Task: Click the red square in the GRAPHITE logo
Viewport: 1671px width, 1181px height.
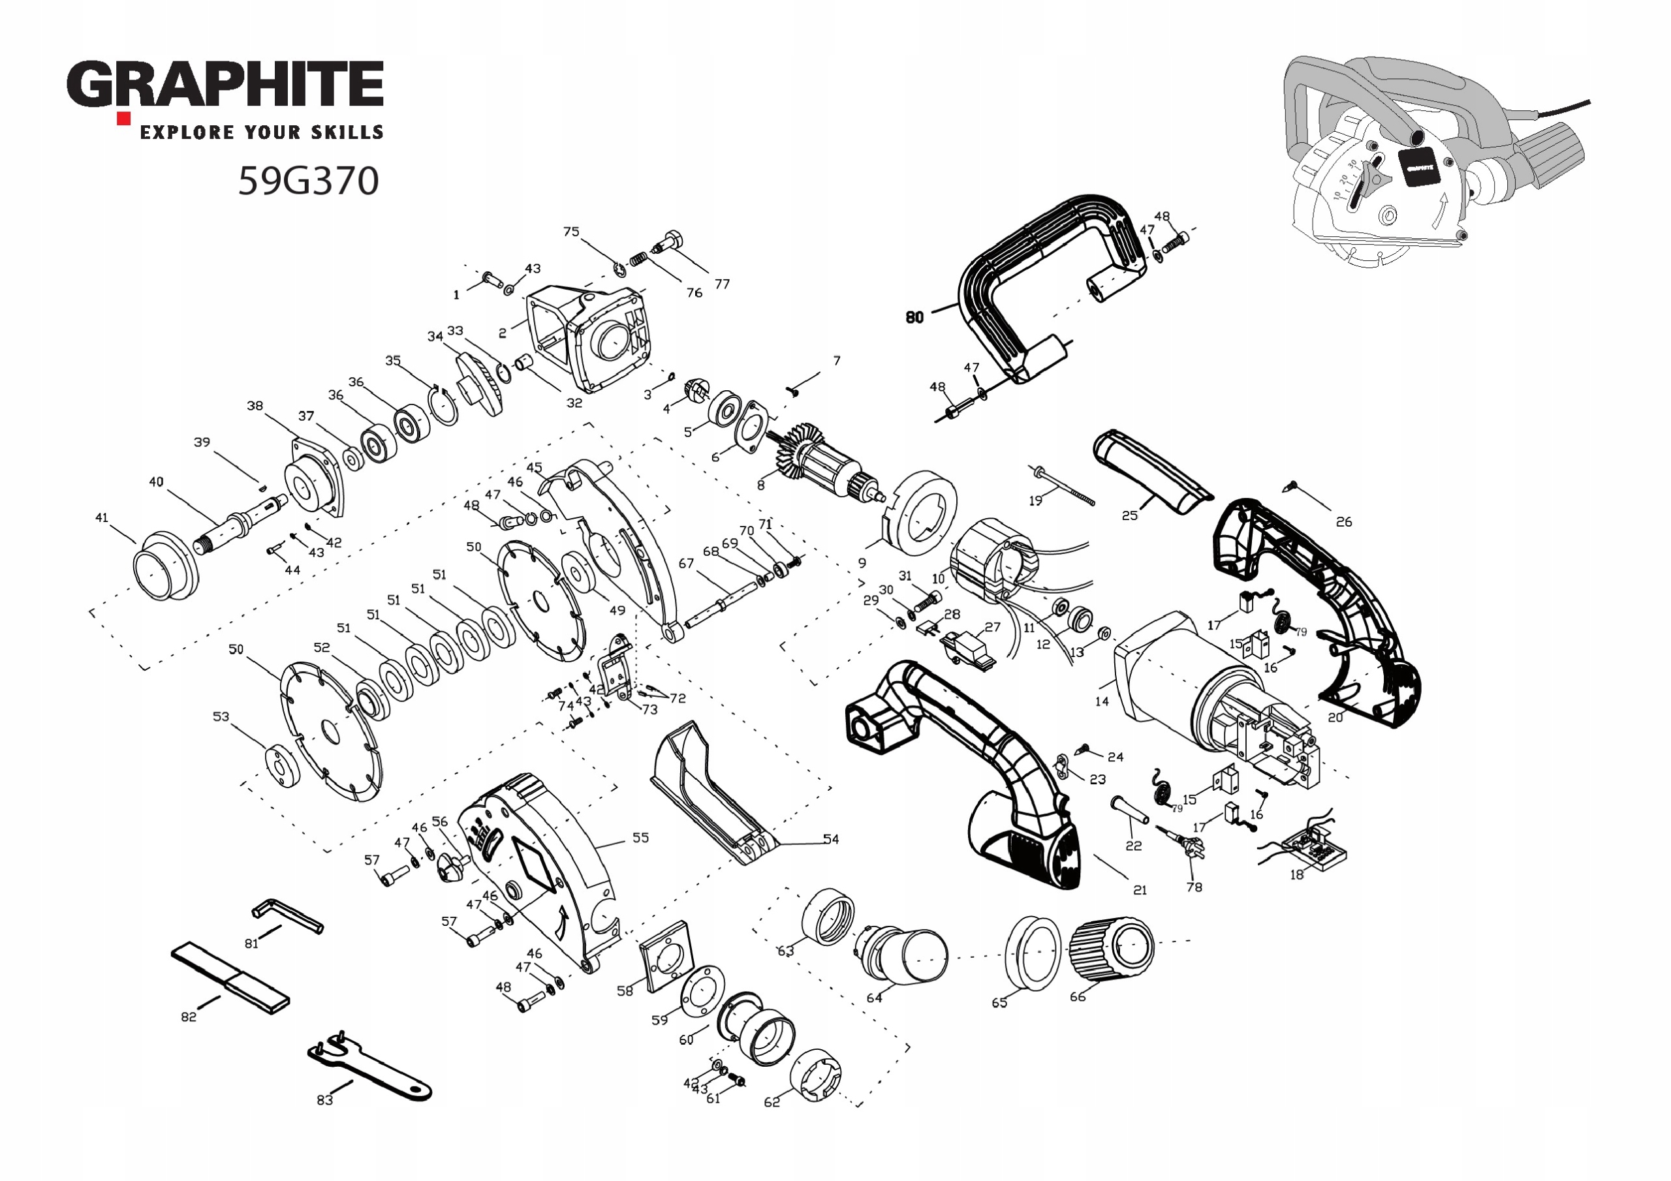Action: tap(124, 118)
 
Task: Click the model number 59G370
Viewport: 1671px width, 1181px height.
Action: tap(309, 181)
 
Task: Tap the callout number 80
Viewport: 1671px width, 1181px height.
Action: tap(915, 316)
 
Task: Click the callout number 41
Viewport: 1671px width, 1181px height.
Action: tap(102, 517)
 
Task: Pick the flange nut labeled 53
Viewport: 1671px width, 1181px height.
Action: tap(281, 765)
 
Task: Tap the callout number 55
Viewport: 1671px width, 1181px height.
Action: tap(640, 838)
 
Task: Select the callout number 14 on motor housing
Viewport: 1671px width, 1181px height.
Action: tap(1102, 701)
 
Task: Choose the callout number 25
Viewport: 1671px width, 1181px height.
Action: tap(1129, 515)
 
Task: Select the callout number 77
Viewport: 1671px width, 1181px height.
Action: tap(722, 284)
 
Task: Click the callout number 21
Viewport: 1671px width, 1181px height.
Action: tap(1140, 889)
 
